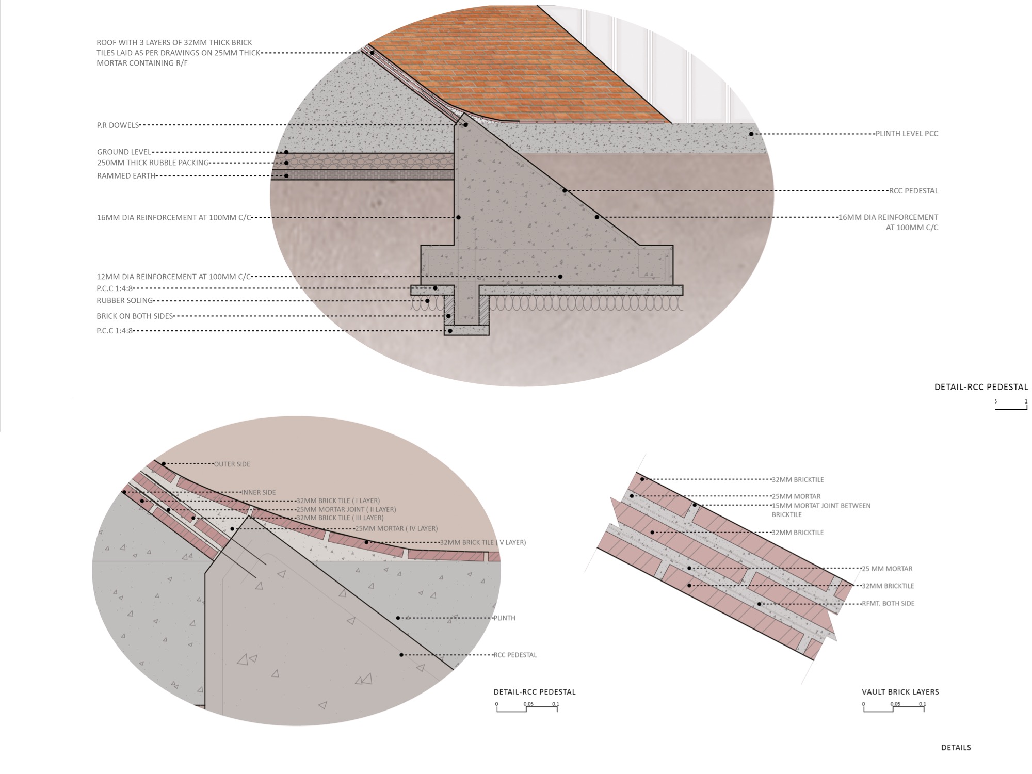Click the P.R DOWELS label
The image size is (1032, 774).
118,125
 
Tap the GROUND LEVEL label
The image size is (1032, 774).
124,152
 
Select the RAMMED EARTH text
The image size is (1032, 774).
126,176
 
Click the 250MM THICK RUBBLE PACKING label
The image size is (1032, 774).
153,163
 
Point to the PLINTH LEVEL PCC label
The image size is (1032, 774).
907,134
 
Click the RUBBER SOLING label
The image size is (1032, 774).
124,301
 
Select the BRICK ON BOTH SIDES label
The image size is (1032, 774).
135,316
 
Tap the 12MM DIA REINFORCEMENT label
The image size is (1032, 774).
173,277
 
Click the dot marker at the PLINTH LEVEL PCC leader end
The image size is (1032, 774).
751,134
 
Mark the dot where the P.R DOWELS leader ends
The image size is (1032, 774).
465,125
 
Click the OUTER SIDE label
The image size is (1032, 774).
232,464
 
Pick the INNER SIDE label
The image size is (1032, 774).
259,493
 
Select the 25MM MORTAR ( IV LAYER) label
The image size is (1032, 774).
396,529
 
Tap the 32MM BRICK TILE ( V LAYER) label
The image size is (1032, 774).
482,543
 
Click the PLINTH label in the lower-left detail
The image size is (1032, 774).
504,618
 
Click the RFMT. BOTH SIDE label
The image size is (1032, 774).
888,604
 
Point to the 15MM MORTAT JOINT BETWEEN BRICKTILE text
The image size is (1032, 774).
820,510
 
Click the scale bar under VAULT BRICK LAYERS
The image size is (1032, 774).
894,708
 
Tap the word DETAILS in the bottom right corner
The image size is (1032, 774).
956,748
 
